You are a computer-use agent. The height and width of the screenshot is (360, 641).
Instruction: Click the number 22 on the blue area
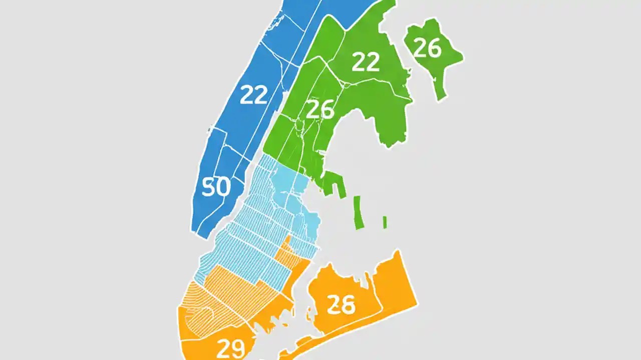[x=254, y=94]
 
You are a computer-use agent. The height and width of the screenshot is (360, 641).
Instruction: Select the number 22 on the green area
[x=365, y=62]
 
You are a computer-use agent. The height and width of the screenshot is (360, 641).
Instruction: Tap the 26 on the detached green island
[x=428, y=48]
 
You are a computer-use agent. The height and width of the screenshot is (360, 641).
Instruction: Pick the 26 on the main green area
[x=319, y=109]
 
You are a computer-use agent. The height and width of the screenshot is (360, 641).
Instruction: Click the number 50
[x=216, y=187]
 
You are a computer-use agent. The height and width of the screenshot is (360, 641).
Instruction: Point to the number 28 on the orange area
[x=341, y=304]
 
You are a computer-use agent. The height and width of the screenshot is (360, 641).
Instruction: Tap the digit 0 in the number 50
[x=223, y=187]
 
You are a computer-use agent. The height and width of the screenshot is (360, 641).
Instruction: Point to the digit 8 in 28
[x=348, y=304]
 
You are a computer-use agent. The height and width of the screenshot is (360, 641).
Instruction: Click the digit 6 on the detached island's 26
[x=434, y=48]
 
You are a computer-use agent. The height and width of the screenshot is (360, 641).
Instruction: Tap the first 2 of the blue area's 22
[x=247, y=94]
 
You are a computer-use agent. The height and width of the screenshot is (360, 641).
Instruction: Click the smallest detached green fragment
[x=385, y=222]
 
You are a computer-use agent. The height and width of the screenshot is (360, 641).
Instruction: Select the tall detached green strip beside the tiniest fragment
[x=358, y=212]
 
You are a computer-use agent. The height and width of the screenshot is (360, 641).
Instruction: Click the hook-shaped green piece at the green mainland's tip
[x=334, y=182]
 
